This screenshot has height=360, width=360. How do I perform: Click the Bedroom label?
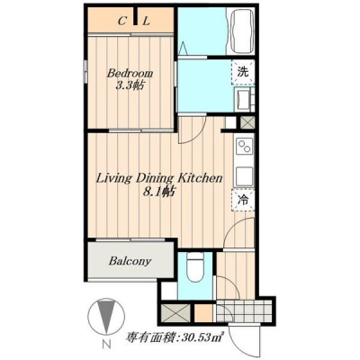coord(130,74)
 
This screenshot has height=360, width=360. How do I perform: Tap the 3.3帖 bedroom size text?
coord(130,86)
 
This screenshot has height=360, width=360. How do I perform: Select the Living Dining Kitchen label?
coord(158,178)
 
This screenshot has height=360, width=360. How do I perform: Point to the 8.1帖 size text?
coord(159,192)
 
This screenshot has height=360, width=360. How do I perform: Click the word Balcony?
coord(130,261)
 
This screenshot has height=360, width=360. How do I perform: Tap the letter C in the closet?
coord(121,22)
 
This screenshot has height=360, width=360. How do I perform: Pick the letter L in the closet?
coord(146,22)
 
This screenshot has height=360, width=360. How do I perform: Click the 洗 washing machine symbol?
coord(243,72)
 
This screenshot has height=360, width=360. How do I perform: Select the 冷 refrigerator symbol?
coord(243,200)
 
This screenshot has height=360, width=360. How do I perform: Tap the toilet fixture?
coord(195,267)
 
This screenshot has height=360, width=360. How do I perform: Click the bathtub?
coord(240,31)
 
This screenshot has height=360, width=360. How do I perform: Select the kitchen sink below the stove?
coord(245,176)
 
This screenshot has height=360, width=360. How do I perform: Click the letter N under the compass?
coord(106,344)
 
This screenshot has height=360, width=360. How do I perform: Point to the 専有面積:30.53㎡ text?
coord(175,338)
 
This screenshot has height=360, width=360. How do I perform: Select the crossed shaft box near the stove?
coord(247,122)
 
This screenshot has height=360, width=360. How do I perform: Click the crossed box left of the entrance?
coord(175,312)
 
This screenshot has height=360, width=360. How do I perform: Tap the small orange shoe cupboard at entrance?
coord(204,312)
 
